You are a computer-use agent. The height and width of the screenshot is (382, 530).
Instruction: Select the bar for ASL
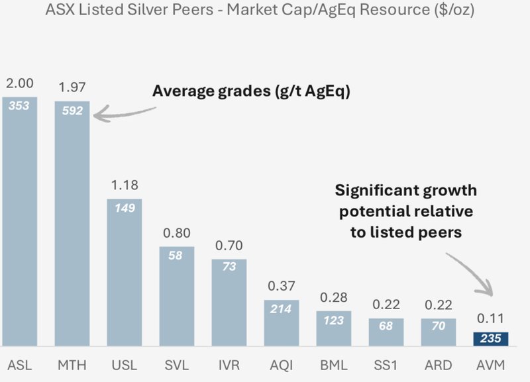click(x=19, y=225)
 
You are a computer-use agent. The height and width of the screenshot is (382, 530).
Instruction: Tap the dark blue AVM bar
click(x=490, y=339)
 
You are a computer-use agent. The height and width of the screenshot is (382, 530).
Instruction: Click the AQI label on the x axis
click(x=281, y=365)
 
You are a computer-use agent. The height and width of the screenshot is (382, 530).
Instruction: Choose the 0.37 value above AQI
click(x=281, y=286)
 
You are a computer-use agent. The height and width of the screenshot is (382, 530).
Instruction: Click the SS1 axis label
click(x=386, y=365)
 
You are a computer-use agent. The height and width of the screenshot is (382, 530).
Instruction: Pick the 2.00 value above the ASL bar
click(x=19, y=83)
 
